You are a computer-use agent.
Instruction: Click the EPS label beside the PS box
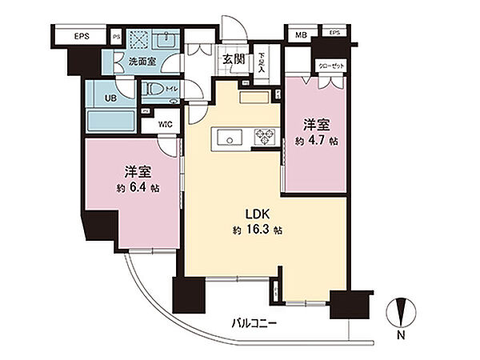point(82,36)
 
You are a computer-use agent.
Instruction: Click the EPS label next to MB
point(334,34)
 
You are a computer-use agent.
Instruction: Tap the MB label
point(301,34)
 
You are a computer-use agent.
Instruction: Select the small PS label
point(117,36)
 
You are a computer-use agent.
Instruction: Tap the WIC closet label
point(166,124)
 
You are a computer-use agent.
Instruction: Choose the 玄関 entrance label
point(234,59)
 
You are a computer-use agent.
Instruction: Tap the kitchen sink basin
point(230,139)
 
